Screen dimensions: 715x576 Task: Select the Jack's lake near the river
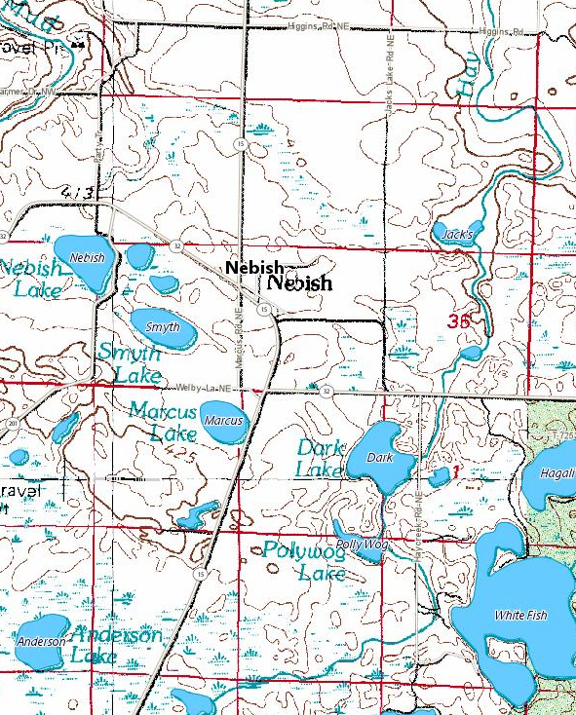(x=456, y=235)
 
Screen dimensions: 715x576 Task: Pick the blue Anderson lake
(x=41, y=643)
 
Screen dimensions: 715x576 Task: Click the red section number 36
(x=462, y=320)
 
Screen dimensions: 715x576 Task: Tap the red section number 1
(x=454, y=471)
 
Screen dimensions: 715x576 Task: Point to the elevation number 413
(x=76, y=194)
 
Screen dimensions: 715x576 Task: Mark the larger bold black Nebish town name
(x=300, y=283)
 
